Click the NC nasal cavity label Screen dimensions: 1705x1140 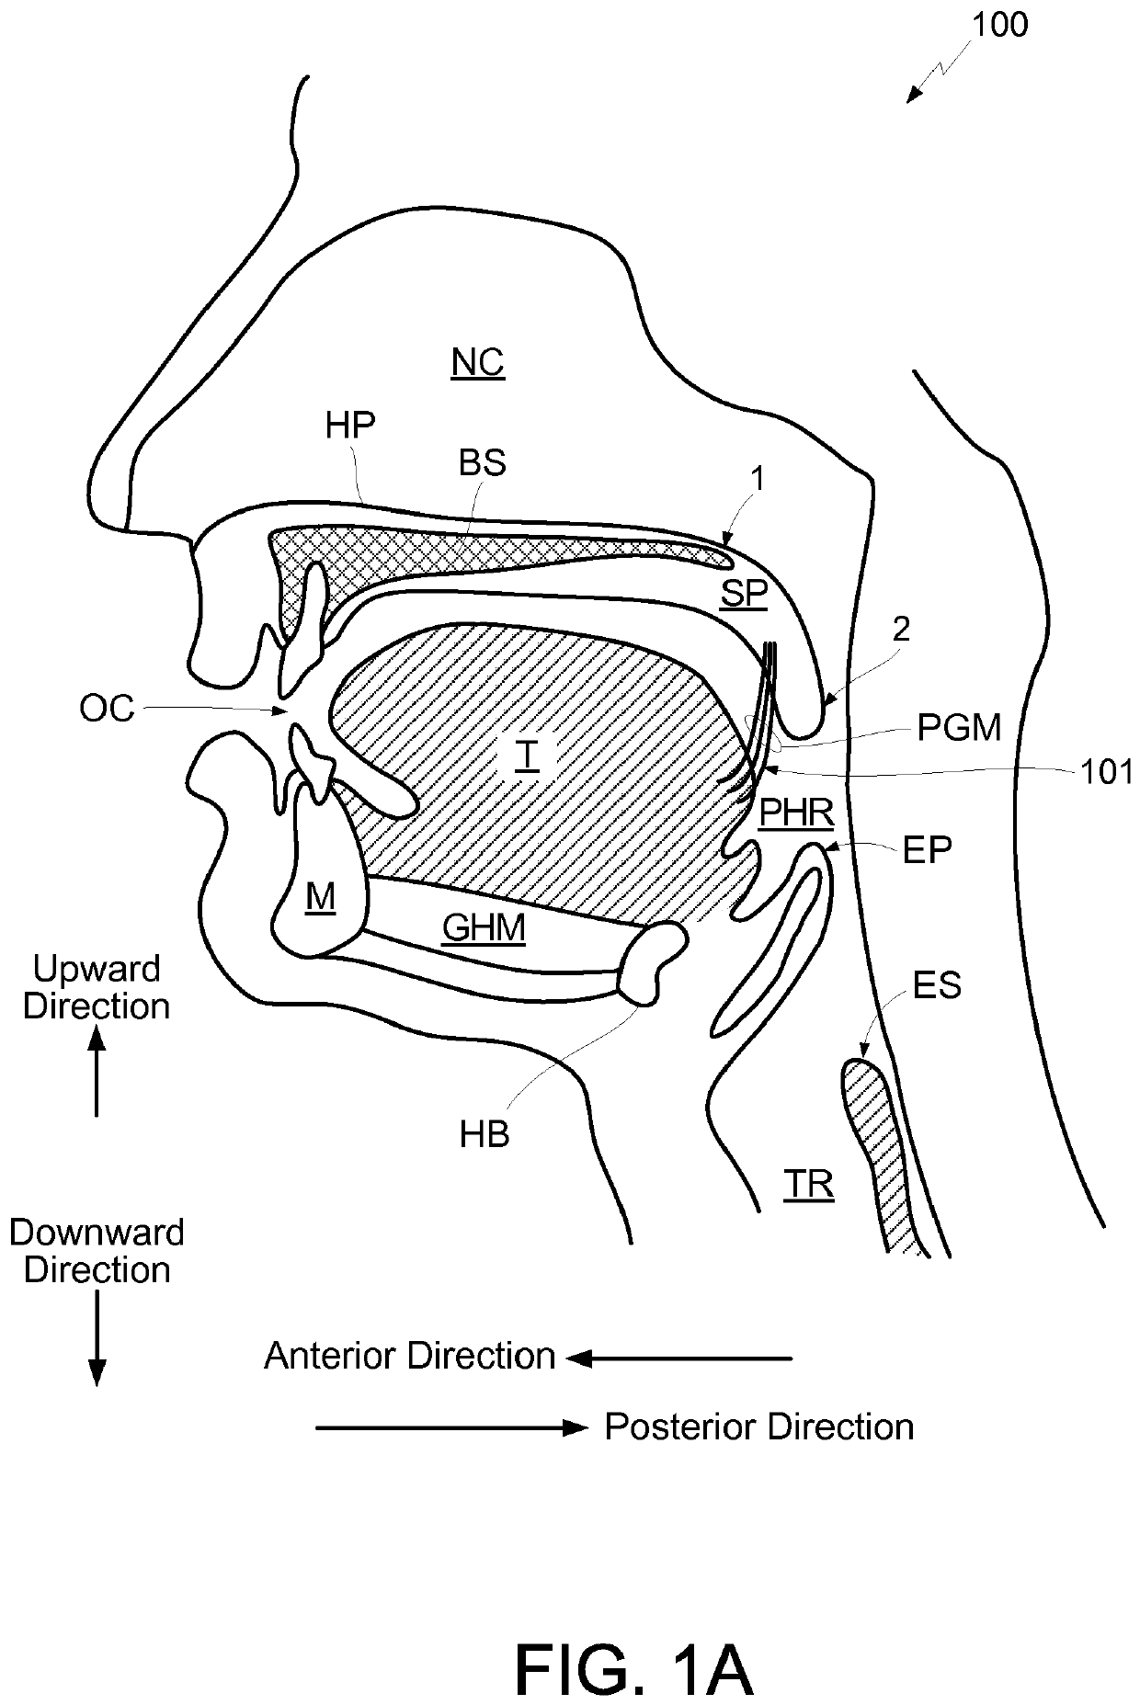pyautogui.click(x=478, y=363)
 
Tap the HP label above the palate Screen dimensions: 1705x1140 pyautogui.click(x=350, y=425)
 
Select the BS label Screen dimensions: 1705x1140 pyautogui.click(x=483, y=463)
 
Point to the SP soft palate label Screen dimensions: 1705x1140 pyautogui.click(x=743, y=594)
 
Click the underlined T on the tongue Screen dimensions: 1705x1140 pyautogui.click(x=527, y=755)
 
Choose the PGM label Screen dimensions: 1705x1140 pyautogui.click(x=959, y=728)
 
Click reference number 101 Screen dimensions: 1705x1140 pyautogui.click(x=1107, y=772)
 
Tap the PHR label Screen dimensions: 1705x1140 pyautogui.click(x=796, y=813)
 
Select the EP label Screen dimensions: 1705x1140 pyautogui.click(x=927, y=851)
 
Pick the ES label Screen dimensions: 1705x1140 pyautogui.click(x=937, y=985)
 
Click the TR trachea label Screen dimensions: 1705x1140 pyautogui.click(x=809, y=1185)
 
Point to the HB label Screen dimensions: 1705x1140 pyautogui.click(x=484, y=1135)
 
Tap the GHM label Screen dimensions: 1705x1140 pyautogui.click(x=484, y=928)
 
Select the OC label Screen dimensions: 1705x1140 pyautogui.click(x=108, y=709)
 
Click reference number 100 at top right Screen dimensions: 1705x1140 pyautogui.click(x=1000, y=25)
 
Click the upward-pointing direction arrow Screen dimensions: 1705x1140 pyautogui.click(x=97, y=1071)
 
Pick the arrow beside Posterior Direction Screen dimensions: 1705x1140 pyautogui.click(x=450, y=1427)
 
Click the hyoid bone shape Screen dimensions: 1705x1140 pyautogui.click(x=653, y=960)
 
